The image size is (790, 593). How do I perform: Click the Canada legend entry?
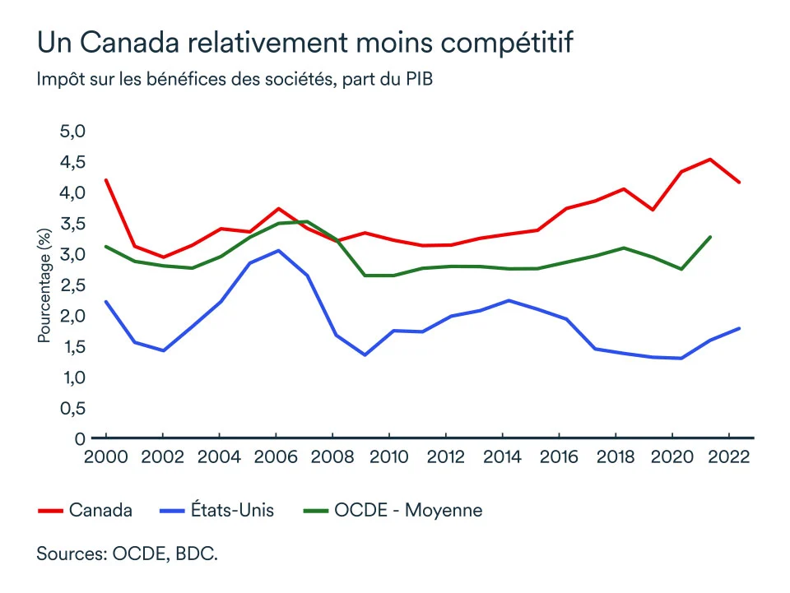coord(100,511)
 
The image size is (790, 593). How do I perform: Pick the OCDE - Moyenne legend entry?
coord(408,511)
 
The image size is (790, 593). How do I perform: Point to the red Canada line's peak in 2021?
coord(710,160)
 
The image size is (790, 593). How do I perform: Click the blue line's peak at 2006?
coord(278,250)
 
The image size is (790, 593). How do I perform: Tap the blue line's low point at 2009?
coord(364,355)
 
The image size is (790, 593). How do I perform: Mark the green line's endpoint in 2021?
coord(710,237)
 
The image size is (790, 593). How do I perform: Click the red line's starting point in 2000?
coord(106,180)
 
